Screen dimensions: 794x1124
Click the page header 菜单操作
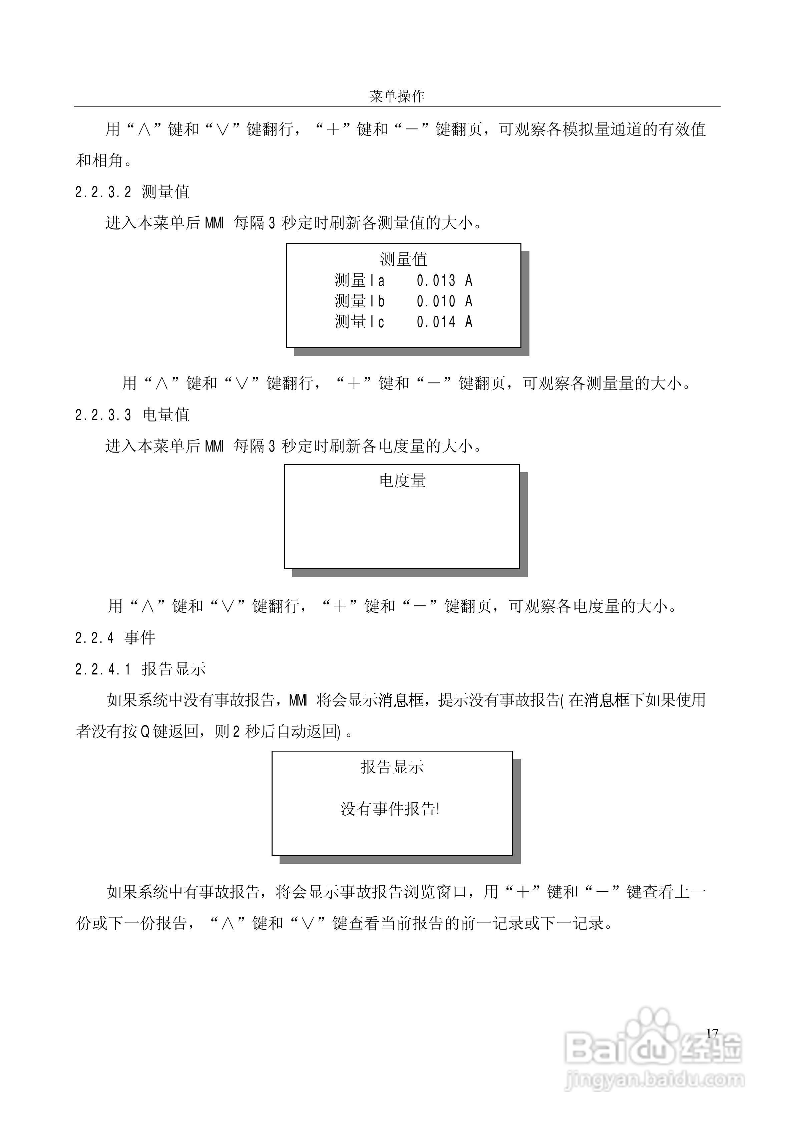pyautogui.click(x=397, y=96)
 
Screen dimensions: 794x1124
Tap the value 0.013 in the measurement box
pyautogui.click(x=436, y=281)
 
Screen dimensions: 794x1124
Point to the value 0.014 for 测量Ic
pyautogui.click(x=436, y=322)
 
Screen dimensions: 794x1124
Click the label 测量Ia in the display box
pyautogui.click(x=360, y=281)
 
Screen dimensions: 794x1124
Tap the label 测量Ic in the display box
pyautogui.click(x=360, y=322)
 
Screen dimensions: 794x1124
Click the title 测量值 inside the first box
pyautogui.click(x=403, y=259)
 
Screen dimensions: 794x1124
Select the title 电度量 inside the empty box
pyautogui.click(x=402, y=481)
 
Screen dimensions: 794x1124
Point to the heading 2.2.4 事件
pyautogui.click(x=115, y=638)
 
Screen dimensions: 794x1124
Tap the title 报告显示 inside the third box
pyautogui.click(x=392, y=767)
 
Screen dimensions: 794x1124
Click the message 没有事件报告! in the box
pyautogui.click(x=390, y=809)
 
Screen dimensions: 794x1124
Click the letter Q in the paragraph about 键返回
pyautogui.click(x=145, y=732)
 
